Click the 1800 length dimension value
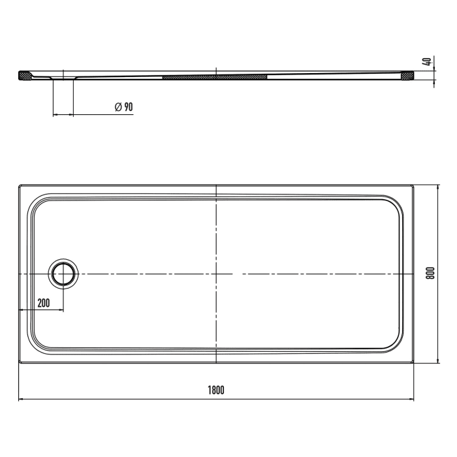tap(216, 390)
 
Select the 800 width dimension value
tap(430, 273)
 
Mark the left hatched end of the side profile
tap(24, 75)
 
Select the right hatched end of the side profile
tap(408, 75)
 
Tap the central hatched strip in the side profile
tap(215, 76)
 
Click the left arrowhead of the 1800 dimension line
tap(21, 399)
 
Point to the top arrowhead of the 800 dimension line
tap(437, 187)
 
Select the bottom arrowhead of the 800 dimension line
tap(437, 360)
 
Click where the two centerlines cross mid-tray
tap(216, 273)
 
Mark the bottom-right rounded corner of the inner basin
tap(397, 343)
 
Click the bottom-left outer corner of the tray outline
tap(19, 363)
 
